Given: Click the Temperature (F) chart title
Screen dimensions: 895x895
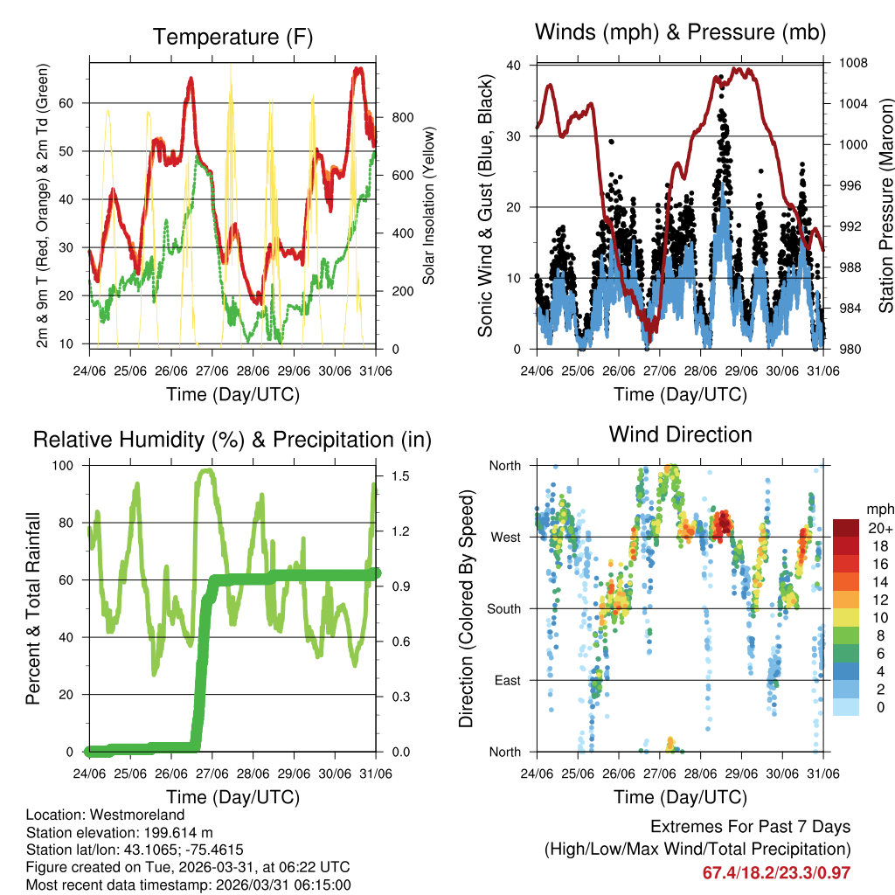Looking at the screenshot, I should pyautogui.click(x=232, y=37).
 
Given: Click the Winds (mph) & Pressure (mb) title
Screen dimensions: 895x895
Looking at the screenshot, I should pyautogui.click(x=680, y=32).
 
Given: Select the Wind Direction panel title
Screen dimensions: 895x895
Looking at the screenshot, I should pyautogui.click(x=680, y=434).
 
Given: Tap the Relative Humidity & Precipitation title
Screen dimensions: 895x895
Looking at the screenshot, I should pyautogui.click(x=232, y=440).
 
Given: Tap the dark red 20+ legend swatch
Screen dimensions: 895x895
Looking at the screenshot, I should pyautogui.click(x=845, y=528).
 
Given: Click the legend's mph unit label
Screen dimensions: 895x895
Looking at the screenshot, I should pyautogui.click(x=878, y=509).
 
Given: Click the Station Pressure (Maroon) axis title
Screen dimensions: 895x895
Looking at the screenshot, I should pyautogui.click(x=885, y=205).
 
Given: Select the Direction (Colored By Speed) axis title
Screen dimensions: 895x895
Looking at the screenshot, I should pyautogui.click(x=467, y=608).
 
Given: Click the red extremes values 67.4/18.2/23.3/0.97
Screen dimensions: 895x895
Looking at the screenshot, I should pyautogui.click(x=776, y=872).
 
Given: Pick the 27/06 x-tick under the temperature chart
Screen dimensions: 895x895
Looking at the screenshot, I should pyautogui.click(x=212, y=371).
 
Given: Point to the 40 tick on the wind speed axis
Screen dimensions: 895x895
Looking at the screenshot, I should pyautogui.click(x=514, y=65).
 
